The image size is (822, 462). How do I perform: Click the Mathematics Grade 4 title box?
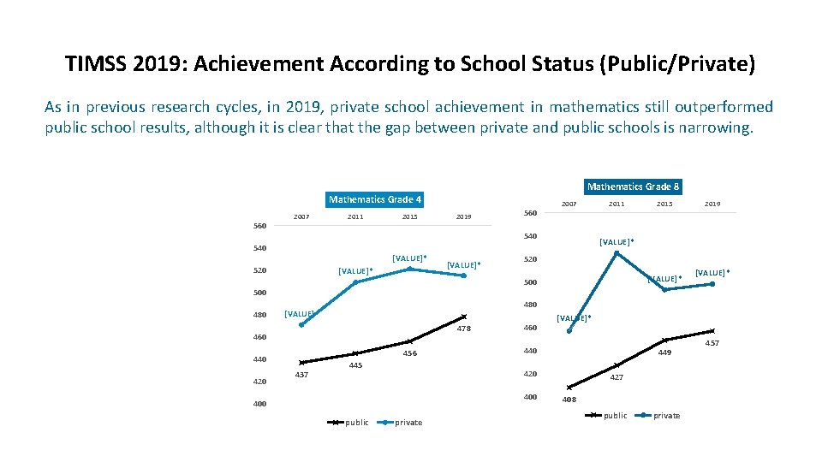pyautogui.click(x=376, y=199)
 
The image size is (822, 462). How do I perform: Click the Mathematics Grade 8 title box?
pyautogui.click(x=633, y=187)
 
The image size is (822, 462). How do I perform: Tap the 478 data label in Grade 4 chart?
pyautogui.click(x=463, y=329)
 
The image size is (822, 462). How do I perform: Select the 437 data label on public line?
pyautogui.click(x=301, y=375)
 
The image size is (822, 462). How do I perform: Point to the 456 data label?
pyautogui.click(x=409, y=354)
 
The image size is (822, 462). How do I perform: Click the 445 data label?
pyautogui.click(x=355, y=366)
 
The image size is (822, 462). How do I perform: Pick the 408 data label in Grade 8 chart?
pyautogui.click(x=569, y=400)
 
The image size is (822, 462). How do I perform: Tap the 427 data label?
pyautogui.click(x=616, y=377)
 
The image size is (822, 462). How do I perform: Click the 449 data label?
pyautogui.click(x=664, y=352)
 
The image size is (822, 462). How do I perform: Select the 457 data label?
pyautogui.click(x=712, y=343)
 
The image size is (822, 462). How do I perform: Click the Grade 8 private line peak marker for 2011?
pyautogui.click(x=616, y=252)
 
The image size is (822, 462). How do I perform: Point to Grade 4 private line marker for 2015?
pyautogui.click(x=409, y=269)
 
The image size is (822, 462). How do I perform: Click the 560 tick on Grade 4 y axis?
pyautogui.click(x=260, y=227)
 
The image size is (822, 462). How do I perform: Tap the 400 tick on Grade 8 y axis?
pyautogui.click(x=530, y=397)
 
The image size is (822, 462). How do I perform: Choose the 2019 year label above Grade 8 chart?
pyautogui.click(x=712, y=204)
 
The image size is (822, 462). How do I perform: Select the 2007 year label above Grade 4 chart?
pyautogui.click(x=301, y=217)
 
